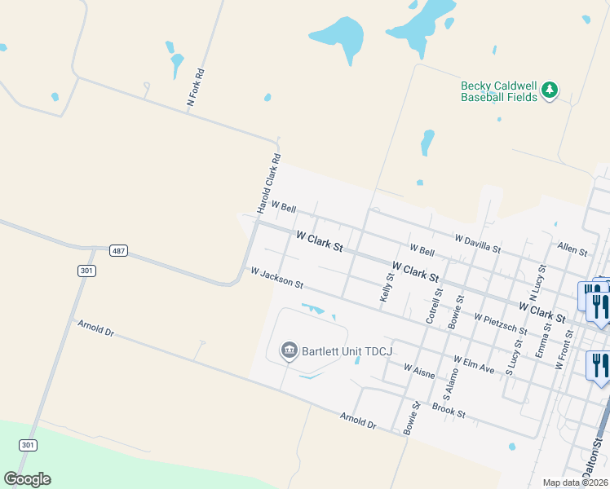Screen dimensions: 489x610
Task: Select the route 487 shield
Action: click(x=119, y=251)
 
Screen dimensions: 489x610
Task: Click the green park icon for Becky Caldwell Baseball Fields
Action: click(x=550, y=90)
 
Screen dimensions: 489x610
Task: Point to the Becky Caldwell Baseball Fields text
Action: click(x=499, y=91)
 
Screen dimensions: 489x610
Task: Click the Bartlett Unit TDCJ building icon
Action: click(x=289, y=351)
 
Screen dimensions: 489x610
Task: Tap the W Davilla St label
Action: click(x=478, y=241)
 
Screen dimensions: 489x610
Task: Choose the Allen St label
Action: click(x=572, y=246)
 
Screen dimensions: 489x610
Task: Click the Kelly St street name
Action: click(x=387, y=288)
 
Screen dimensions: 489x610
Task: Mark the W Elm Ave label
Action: click(x=475, y=364)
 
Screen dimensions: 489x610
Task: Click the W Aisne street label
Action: click(x=420, y=371)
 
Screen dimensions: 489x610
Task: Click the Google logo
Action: click(x=27, y=479)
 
